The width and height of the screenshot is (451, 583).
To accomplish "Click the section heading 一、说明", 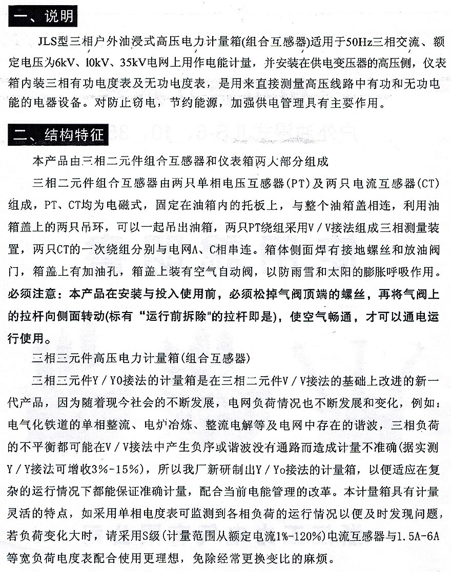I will pyautogui.click(x=44, y=16).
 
